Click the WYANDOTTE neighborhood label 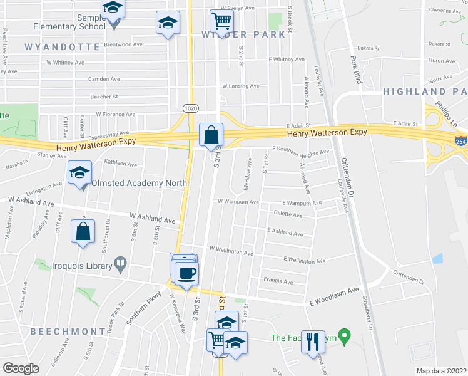[62, 47]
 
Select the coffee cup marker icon [186, 273]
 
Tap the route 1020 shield [191, 108]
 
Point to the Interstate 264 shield [461, 142]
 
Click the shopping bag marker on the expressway [211, 134]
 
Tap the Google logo [21, 368]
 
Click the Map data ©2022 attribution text [441, 370]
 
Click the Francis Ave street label [278, 282]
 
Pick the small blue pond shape [437, 258]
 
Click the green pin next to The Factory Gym [342, 335]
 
